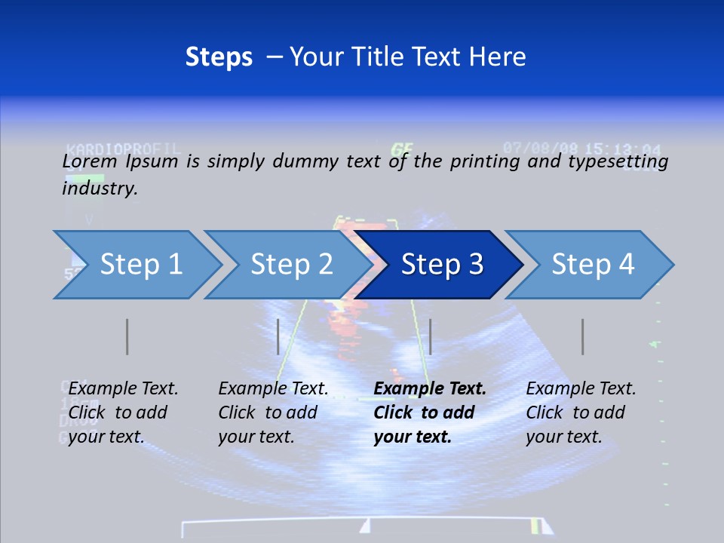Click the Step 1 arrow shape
[140, 265]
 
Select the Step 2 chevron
[291, 265]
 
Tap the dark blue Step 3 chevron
[441, 265]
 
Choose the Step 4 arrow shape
[593, 265]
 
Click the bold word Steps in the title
[219, 57]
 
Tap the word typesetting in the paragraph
[618, 161]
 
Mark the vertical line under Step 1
[127, 336]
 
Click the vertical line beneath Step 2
[278, 336]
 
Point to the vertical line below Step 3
[430, 336]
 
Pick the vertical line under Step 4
[582, 336]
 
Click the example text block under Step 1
[122, 413]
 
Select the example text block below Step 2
[272, 413]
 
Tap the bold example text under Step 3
[429, 413]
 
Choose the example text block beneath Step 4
[580, 413]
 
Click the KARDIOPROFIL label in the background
[123, 148]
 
